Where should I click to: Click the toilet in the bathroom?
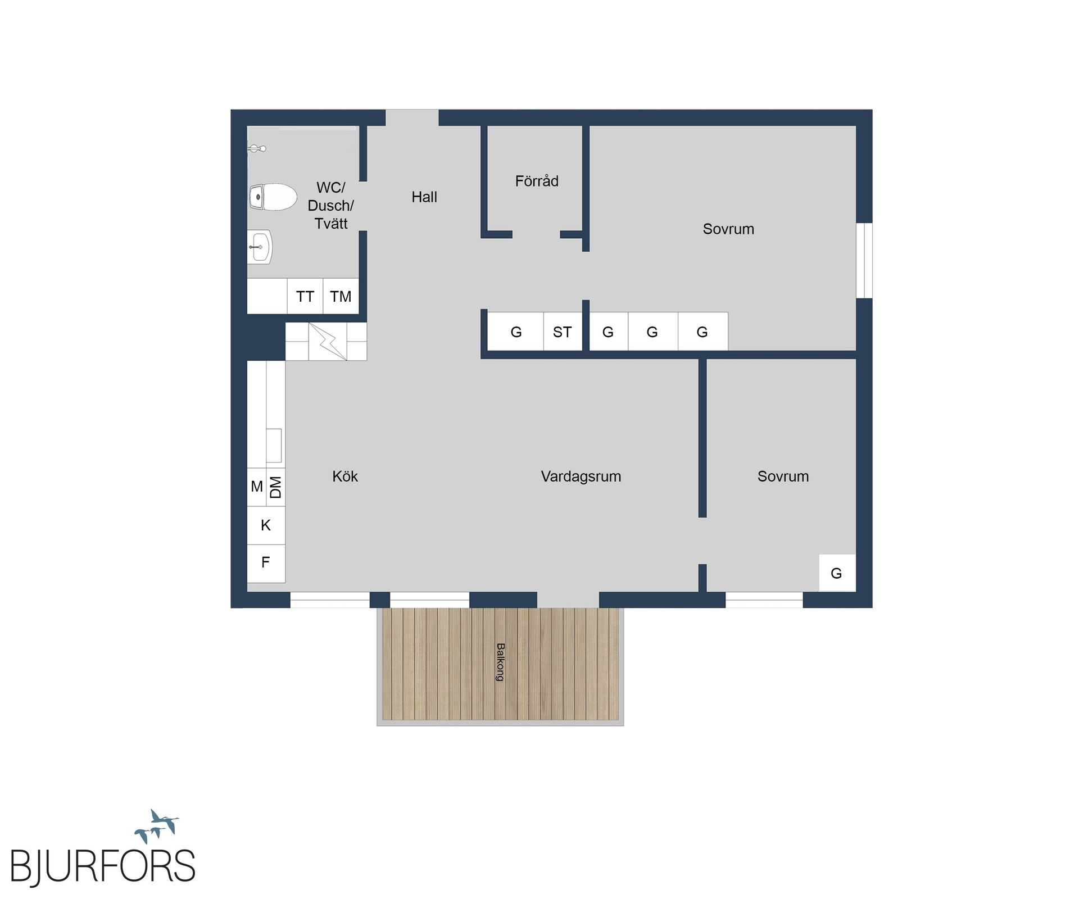274,197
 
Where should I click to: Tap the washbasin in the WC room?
261,247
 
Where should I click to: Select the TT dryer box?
305,296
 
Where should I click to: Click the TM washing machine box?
341,296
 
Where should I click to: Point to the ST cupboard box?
562,332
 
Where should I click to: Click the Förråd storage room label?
537,181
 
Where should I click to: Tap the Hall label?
424,197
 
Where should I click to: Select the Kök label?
345,476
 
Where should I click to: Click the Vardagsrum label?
581,476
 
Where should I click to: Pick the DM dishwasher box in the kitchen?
275,487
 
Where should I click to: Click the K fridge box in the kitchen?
266,525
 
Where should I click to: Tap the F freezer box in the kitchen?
266,562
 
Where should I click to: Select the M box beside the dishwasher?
257,487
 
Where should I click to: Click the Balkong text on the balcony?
500,662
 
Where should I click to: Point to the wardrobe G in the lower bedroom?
836,573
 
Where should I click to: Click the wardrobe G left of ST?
516,332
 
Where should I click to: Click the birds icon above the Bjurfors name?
157,826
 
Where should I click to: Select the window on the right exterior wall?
864,260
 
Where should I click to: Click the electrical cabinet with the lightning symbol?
327,341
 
